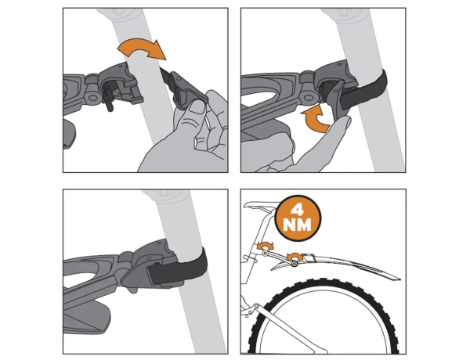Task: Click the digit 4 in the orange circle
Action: (x=298, y=211)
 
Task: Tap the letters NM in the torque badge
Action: (x=298, y=225)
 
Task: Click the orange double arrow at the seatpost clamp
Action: (x=266, y=246)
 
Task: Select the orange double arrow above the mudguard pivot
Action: (x=295, y=255)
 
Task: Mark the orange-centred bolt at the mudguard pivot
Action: (x=295, y=264)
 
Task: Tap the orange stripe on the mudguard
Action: (x=313, y=257)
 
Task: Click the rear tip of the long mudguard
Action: (x=399, y=279)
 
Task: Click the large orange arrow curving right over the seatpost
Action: (x=142, y=48)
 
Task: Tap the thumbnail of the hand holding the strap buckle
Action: (x=197, y=107)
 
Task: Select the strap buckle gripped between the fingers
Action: (x=187, y=92)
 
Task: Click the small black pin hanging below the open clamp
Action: (x=109, y=103)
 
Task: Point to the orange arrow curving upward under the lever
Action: (x=316, y=120)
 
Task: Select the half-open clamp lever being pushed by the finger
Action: (x=337, y=96)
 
